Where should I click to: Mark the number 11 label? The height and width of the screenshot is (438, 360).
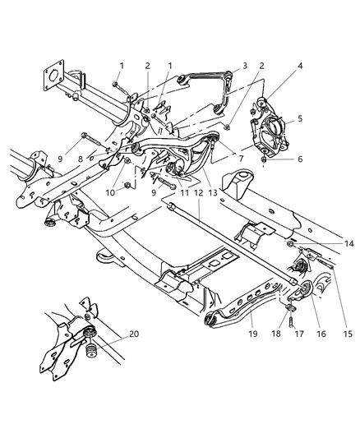[170, 195]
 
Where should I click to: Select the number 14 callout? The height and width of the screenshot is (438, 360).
[327, 244]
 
